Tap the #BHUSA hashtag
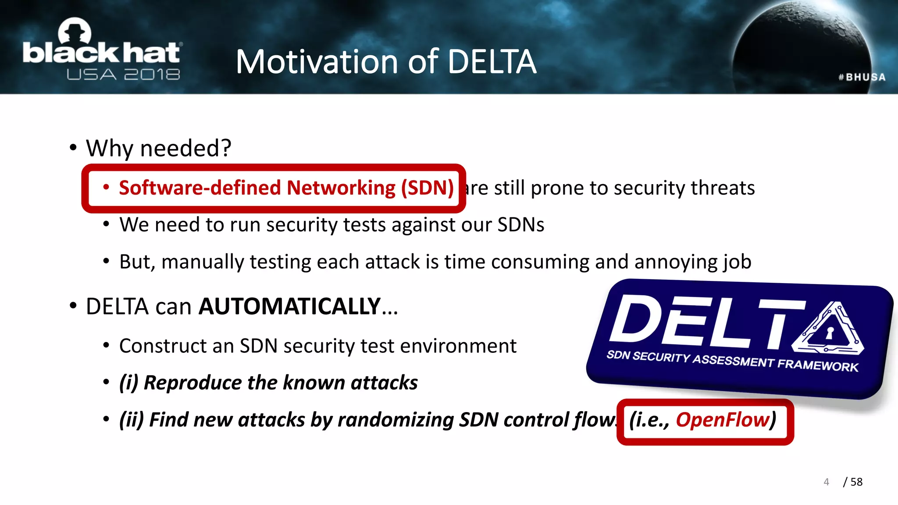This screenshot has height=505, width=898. click(x=862, y=77)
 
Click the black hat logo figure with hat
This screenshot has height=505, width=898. click(x=75, y=32)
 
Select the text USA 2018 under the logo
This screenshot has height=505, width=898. click(x=123, y=75)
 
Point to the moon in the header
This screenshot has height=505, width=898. click(x=802, y=48)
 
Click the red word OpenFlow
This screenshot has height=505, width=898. click(x=723, y=420)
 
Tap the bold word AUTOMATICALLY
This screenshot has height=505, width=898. click(x=289, y=306)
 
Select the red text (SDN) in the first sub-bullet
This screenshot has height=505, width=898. click(x=427, y=188)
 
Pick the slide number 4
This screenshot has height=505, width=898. click(x=826, y=482)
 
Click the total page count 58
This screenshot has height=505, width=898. click(x=856, y=482)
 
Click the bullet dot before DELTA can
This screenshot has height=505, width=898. click(x=73, y=306)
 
